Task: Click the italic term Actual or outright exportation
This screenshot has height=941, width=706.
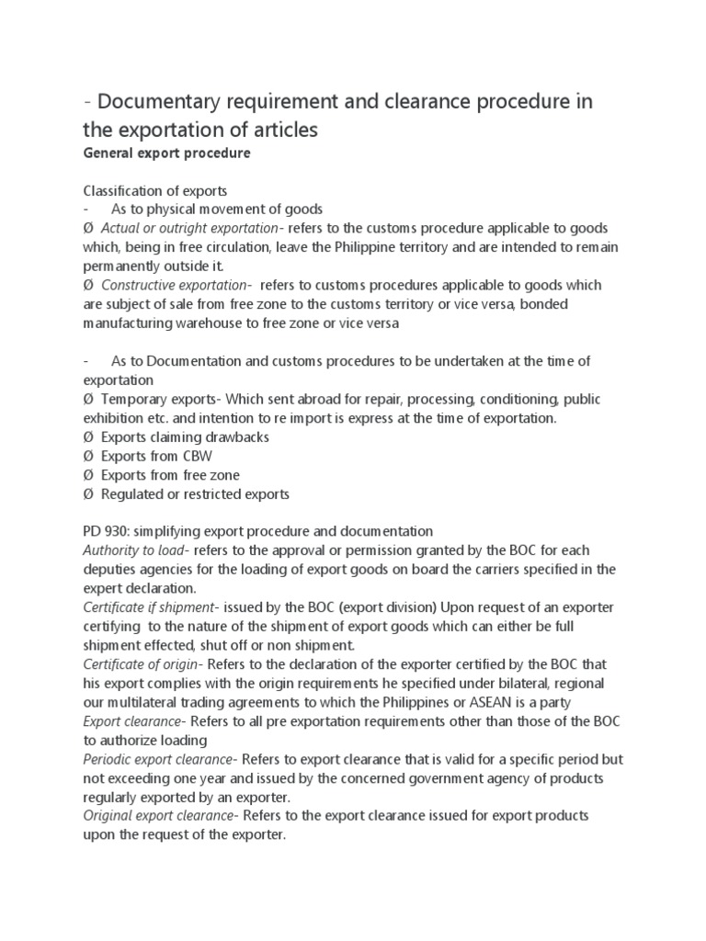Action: [189, 228]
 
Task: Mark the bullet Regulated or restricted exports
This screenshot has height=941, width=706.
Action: [195, 494]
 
